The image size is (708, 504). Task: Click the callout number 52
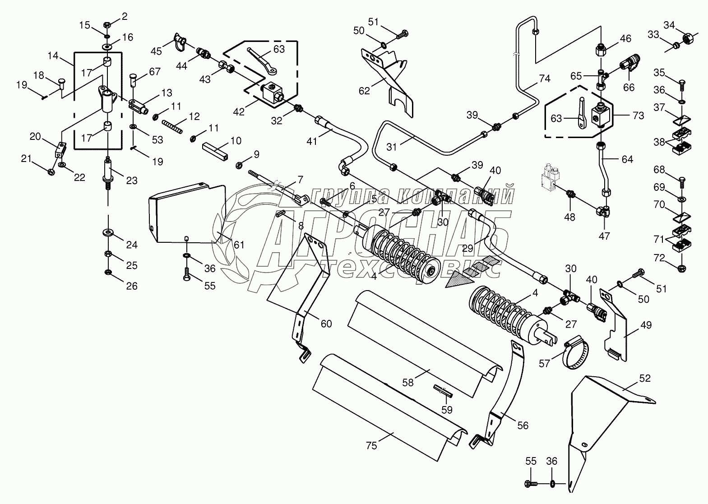point(645,378)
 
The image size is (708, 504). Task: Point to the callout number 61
point(239,245)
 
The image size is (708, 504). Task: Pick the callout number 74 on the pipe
point(545,78)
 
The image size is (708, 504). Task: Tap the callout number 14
point(53,56)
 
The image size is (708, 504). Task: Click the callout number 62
point(364,91)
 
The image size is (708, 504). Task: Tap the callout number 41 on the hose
point(312,141)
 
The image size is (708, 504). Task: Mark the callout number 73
point(638,116)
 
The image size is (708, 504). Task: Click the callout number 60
point(326,324)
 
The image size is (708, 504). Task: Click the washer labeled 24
point(109,232)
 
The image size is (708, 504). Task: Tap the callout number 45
point(156,51)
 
